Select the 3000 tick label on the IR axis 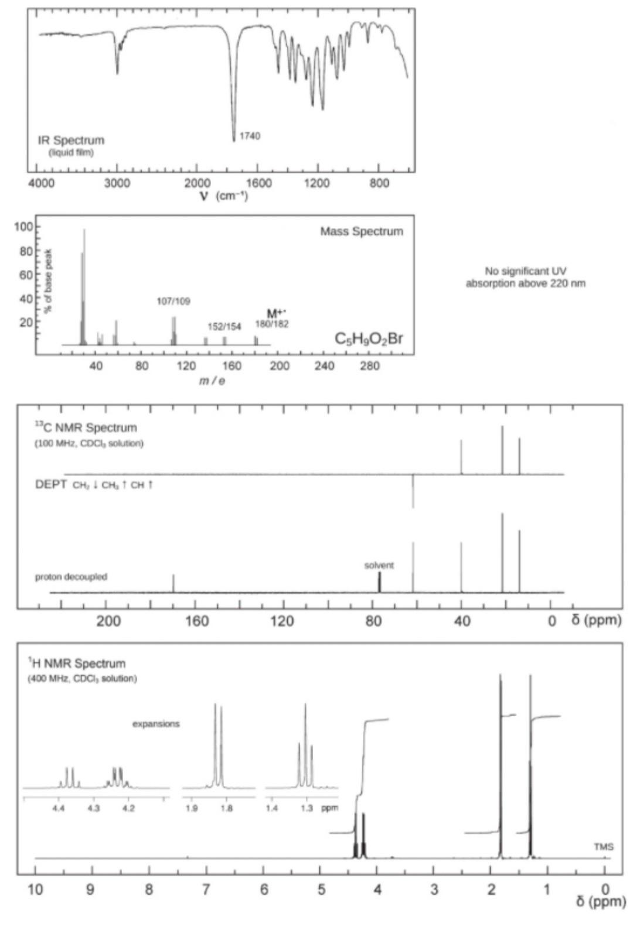[117, 183]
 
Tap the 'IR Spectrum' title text [71, 141]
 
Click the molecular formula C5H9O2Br [369, 339]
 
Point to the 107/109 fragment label [173, 301]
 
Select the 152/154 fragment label [224, 326]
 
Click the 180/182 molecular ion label [272, 324]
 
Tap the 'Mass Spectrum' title [362, 231]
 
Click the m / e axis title [212, 381]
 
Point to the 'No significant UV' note [525, 271]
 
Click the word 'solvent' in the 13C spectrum [379, 565]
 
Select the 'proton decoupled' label [71, 577]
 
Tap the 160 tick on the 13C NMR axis [197, 621]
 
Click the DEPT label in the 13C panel [51, 485]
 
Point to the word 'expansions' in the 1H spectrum [156, 724]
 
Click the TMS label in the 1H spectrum [603, 847]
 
